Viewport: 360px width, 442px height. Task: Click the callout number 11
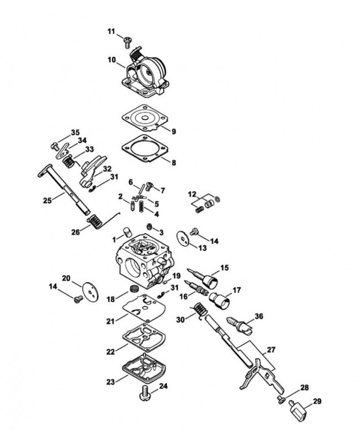pyautogui.click(x=111, y=31)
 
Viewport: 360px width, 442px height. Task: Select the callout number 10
pyautogui.click(x=112, y=60)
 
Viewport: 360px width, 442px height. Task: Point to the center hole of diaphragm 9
pyautogui.click(x=145, y=118)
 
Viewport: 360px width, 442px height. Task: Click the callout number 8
pyautogui.click(x=174, y=162)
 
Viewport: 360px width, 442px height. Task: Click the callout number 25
pyautogui.click(x=47, y=201)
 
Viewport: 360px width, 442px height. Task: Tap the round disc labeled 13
pyautogui.click(x=183, y=239)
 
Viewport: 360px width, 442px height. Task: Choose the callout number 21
pyautogui.click(x=110, y=321)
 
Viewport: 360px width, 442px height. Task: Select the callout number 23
pyautogui.click(x=110, y=382)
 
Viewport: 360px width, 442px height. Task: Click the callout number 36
pyautogui.click(x=258, y=316)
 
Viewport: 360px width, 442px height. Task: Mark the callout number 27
pyautogui.click(x=271, y=350)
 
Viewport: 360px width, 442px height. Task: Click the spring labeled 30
pyautogui.click(x=201, y=311)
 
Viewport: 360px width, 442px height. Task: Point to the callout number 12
pyautogui.click(x=192, y=194)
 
